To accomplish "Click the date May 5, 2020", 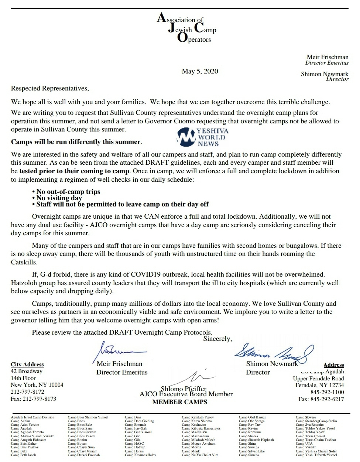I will point(200,71).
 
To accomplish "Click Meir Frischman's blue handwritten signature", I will point(122,349).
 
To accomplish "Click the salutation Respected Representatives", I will point(50,88).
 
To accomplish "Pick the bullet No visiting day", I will point(59,198).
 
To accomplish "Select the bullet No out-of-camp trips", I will point(68,192).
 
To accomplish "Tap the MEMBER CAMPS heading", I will point(179,402).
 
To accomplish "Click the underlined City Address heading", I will point(27,365).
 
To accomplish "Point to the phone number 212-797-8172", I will point(27,392).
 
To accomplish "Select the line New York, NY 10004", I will point(37,385).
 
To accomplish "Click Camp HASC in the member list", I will point(134,444).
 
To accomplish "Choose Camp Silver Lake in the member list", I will point(251,451).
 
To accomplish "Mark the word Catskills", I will point(24,262).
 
